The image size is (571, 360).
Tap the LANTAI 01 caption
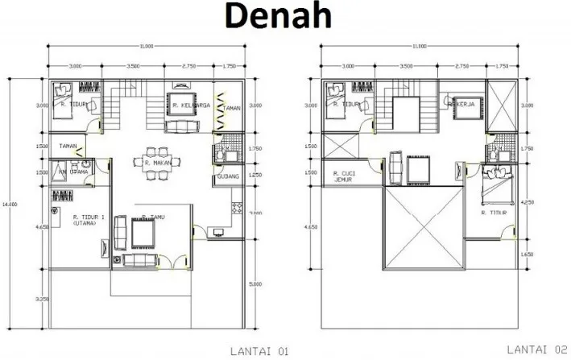coord(253,351)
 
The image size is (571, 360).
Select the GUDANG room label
coord(225,176)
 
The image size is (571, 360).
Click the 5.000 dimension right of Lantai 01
coord(256,284)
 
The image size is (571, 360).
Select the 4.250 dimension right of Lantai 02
coord(526,203)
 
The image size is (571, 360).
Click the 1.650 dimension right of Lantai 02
coord(526,254)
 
